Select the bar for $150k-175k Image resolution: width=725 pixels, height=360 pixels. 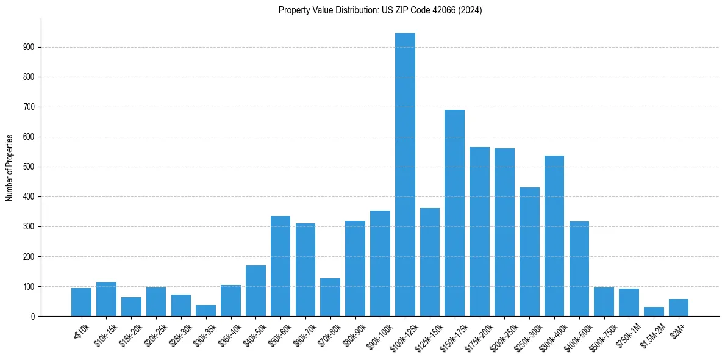pyautogui.click(x=454, y=213)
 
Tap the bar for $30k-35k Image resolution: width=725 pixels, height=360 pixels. pyautogui.click(x=205, y=311)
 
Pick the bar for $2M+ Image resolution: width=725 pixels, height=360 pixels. pyautogui.click(x=678, y=308)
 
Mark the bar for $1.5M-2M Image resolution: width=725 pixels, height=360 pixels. pyautogui.click(x=654, y=312)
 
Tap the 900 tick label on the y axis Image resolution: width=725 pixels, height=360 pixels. pyautogui.click(x=29, y=48)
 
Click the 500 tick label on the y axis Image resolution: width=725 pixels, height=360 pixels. pyautogui.click(x=29, y=167)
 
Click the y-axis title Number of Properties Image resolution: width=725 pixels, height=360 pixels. pyautogui.click(x=10, y=167)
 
